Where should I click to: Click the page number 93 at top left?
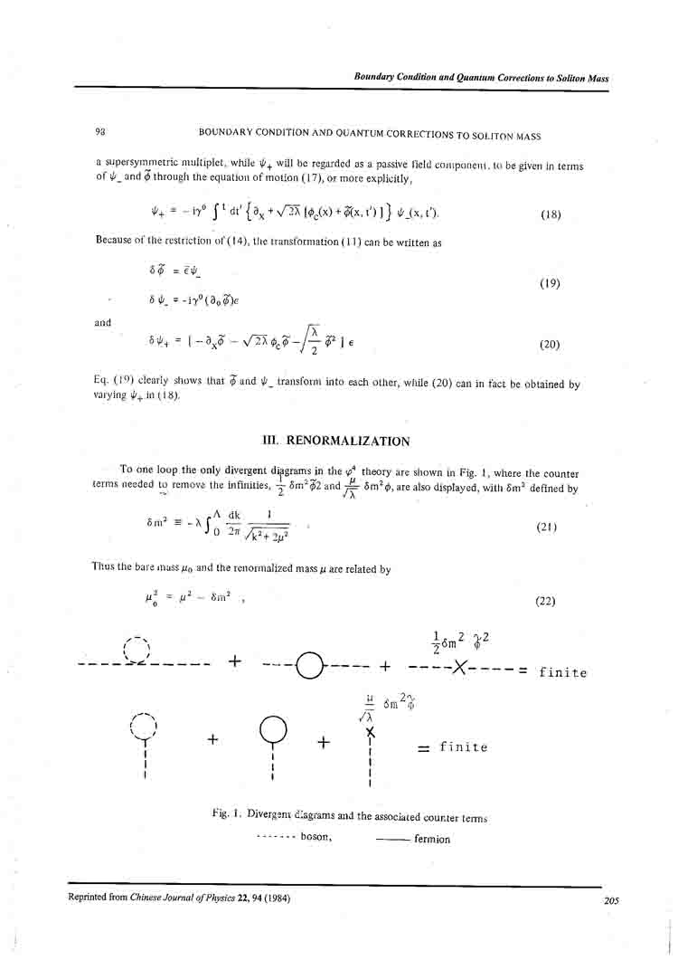(x=100, y=133)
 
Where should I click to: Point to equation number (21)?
(x=544, y=527)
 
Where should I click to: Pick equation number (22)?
(x=545, y=600)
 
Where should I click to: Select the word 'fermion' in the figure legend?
(x=431, y=839)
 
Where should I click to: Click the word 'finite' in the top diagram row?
(x=562, y=672)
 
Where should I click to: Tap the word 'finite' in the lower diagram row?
(x=464, y=747)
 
